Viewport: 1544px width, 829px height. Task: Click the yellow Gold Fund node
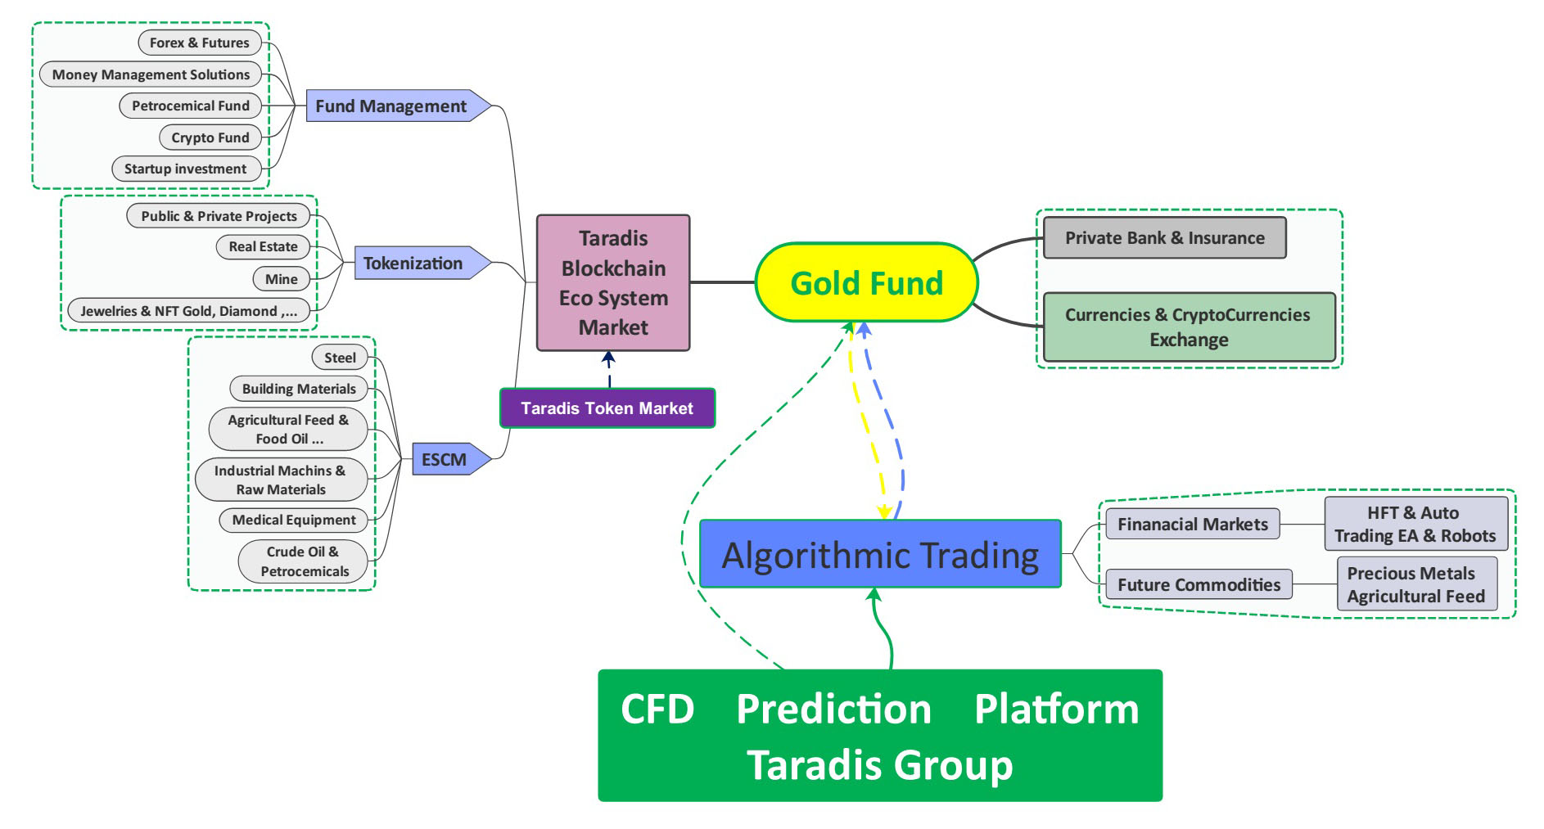(x=866, y=282)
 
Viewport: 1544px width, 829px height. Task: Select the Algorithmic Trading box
(x=880, y=554)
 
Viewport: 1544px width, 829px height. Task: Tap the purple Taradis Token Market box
(x=607, y=408)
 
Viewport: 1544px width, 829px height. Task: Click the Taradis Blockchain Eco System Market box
(x=613, y=283)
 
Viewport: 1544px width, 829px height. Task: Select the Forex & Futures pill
(x=200, y=43)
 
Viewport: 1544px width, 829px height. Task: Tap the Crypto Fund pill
(x=210, y=137)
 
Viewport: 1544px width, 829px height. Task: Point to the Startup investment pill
(x=186, y=169)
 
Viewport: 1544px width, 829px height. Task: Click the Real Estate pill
(x=263, y=246)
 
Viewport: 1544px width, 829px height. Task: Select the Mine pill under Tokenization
(x=281, y=279)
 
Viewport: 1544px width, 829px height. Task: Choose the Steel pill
(x=340, y=358)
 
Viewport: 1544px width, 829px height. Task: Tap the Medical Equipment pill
(x=294, y=520)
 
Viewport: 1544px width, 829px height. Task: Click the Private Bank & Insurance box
(x=1165, y=238)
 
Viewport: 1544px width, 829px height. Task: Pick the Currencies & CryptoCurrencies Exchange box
(x=1189, y=327)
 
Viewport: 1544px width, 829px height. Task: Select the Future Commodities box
(x=1199, y=584)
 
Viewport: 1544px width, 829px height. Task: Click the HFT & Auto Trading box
(x=1415, y=524)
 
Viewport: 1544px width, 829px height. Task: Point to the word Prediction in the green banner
(x=833, y=710)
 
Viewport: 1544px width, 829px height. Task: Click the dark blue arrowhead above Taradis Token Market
(x=608, y=358)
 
